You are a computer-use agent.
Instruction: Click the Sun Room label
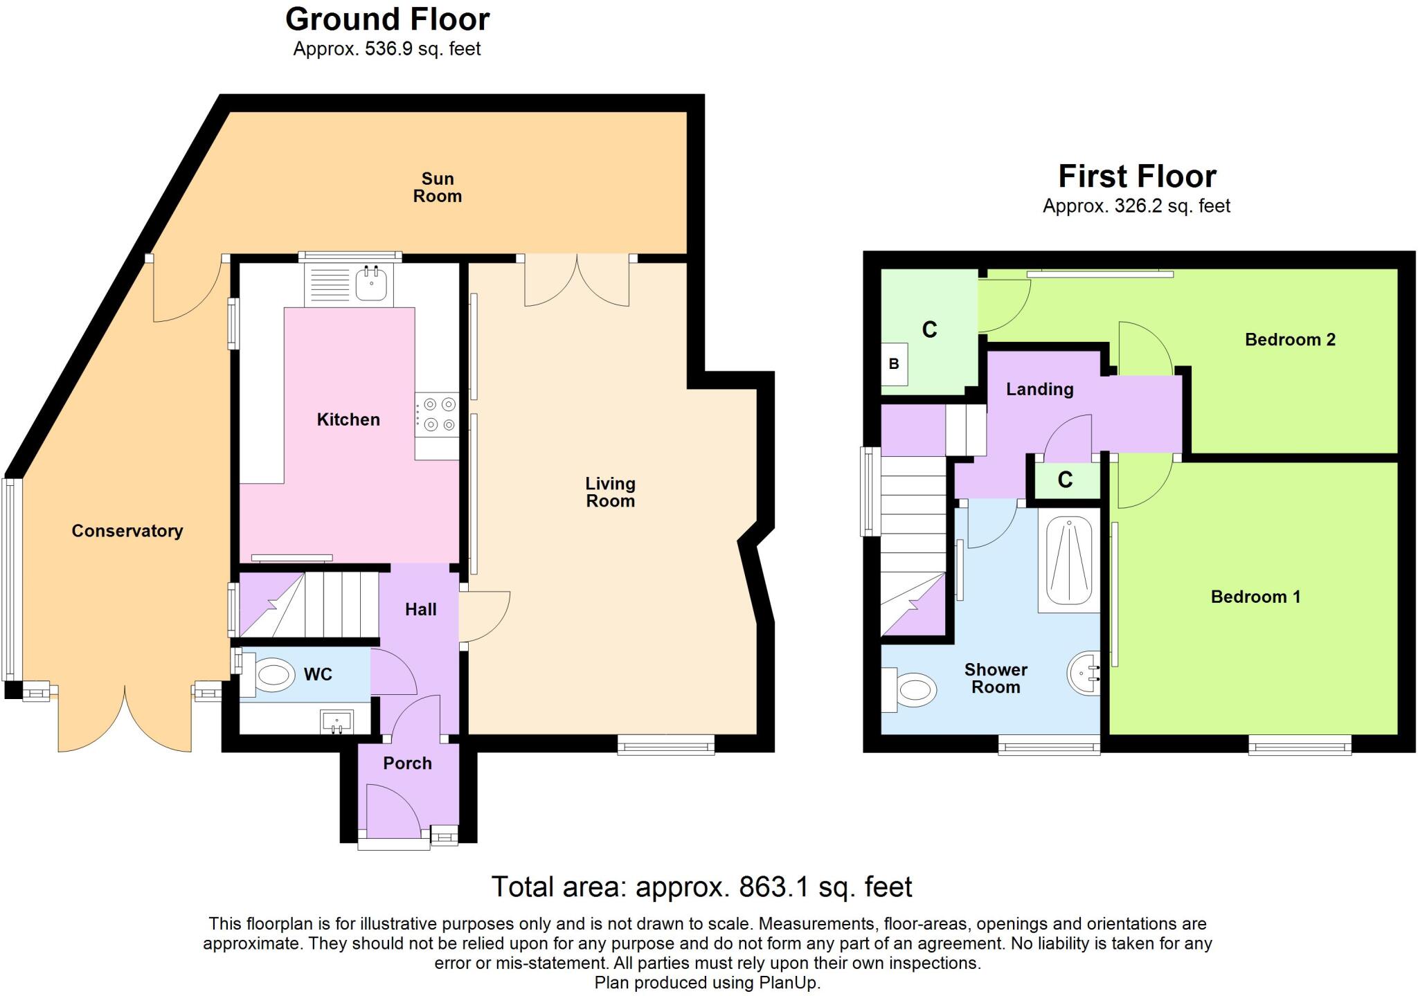tap(437, 188)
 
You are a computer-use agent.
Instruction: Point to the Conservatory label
tap(127, 531)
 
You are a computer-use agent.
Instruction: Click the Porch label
tap(407, 763)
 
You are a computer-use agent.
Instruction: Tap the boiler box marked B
tap(894, 363)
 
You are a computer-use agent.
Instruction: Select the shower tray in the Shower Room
tap(1069, 561)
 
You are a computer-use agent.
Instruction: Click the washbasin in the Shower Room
tap(1085, 673)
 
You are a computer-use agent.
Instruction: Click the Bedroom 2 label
tap(1289, 339)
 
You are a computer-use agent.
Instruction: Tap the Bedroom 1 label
tap(1255, 597)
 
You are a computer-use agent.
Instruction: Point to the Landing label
tap(1039, 389)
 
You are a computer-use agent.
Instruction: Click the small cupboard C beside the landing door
tap(1066, 480)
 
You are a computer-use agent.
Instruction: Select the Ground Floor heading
tap(387, 19)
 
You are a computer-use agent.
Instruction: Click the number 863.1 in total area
tap(774, 887)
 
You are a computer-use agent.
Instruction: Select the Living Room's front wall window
tap(665, 745)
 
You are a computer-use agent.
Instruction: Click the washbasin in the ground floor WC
tap(337, 722)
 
